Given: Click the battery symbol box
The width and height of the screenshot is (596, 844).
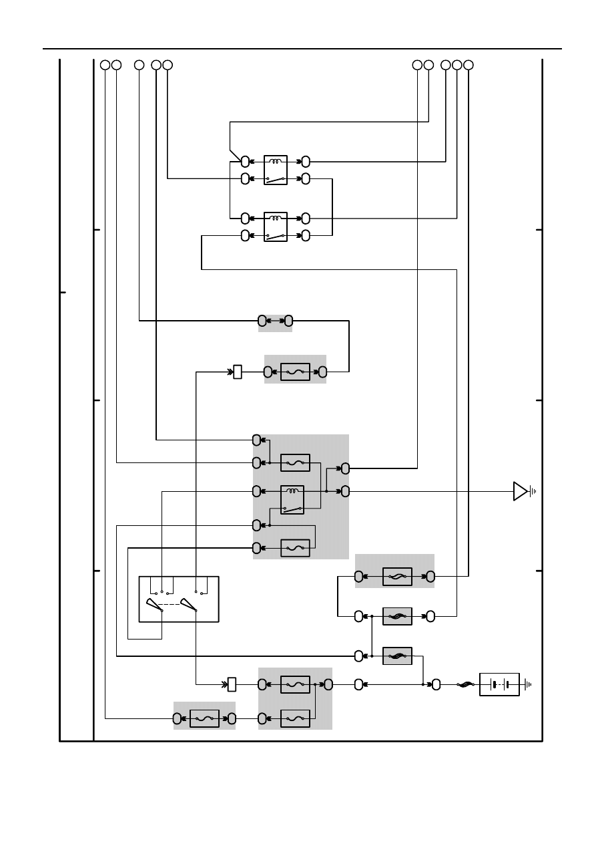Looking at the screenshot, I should [x=499, y=684].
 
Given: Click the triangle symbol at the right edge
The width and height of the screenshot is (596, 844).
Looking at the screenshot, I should [x=520, y=491].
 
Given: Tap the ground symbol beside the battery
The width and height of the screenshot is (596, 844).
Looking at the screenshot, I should [x=529, y=684].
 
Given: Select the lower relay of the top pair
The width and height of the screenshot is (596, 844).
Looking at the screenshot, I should [x=276, y=227].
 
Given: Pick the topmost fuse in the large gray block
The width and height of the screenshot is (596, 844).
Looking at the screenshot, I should [x=295, y=462].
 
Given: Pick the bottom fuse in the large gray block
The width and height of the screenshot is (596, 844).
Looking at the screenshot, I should [x=295, y=548].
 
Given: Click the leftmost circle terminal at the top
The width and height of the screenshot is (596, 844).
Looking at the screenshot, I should [x=105, y=65].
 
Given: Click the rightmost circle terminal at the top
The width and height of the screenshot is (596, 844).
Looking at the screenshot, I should [x=469, y=65].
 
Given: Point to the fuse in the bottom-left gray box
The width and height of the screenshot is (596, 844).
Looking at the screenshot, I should [x=204, y=718].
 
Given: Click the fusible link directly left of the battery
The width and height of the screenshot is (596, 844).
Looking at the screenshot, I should [x=465, y=684].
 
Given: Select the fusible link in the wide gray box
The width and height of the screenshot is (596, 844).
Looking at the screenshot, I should [x=397, y=576].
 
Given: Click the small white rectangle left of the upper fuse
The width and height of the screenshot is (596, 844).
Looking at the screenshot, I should [x=237, y=372].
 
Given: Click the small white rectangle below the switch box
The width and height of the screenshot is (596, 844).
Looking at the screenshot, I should [x=232, y=684].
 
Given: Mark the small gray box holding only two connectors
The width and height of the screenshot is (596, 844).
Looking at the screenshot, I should [x=275, y=321].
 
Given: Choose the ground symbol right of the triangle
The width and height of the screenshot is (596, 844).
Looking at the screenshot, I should [x=533, y=491].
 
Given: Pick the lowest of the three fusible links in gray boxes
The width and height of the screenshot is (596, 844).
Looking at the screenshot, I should [x=397, y=656].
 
